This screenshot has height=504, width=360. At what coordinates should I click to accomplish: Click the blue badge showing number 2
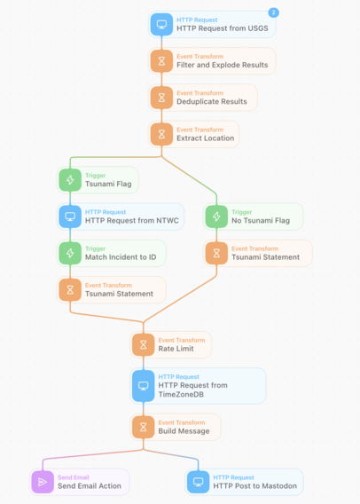[273, 12]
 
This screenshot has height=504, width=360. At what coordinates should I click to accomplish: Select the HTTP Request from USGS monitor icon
[161, 24]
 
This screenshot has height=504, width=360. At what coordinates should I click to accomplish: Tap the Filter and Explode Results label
[223, 65]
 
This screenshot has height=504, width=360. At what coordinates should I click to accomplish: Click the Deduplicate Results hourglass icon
[161, 98]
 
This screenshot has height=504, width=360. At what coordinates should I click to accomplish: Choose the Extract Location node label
[206, 138]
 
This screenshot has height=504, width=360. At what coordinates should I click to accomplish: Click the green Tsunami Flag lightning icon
[70, 180]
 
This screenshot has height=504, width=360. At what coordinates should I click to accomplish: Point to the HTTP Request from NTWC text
[131, 220]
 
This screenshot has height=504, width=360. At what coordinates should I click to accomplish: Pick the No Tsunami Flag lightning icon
[216, 217]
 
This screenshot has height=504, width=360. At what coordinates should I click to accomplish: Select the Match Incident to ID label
[121, 257]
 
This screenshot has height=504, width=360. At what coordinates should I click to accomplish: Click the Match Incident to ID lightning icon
[70, 253]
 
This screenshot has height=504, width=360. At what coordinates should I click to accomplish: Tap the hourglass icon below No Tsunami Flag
[216, 253]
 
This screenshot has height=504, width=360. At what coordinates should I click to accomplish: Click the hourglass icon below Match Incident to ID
[70, 290]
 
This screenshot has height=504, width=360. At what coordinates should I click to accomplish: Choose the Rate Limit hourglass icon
[144, 345]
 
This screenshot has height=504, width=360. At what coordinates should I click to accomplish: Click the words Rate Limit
[176, 349]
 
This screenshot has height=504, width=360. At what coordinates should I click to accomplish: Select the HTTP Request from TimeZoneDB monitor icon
[144, 386]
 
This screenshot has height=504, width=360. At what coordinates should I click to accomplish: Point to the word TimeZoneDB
[181, 394]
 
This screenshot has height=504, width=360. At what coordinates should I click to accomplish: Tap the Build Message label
[184, 431]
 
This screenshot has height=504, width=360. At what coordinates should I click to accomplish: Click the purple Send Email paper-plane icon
[43, 482]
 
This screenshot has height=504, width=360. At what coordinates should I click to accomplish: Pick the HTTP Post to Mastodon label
[255, 486]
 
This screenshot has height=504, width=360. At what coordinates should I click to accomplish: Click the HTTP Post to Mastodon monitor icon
[198, 482]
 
